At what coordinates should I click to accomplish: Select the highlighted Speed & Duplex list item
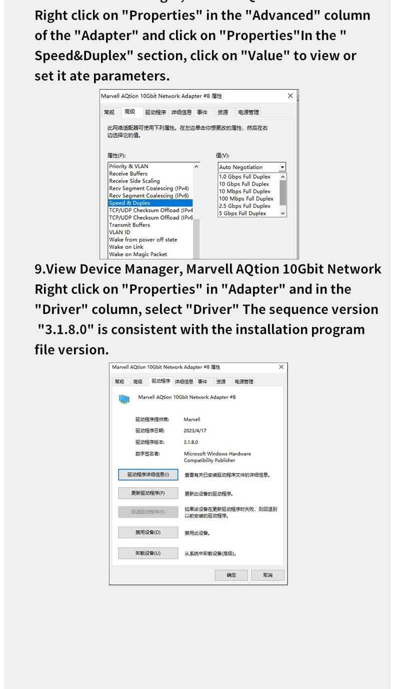click(150, 203)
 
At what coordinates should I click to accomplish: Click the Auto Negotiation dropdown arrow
click(282, 167)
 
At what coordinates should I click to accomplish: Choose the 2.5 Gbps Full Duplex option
click(244, 206)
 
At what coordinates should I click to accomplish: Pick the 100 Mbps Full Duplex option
click(246, 198)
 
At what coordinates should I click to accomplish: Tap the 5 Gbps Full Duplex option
click(242, 213)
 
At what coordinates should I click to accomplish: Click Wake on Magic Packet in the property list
click(138, 254)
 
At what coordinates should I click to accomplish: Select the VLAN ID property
click(119, 232)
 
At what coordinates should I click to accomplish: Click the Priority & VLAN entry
click(128, 166)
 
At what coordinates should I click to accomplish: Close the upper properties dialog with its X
click(290, 96)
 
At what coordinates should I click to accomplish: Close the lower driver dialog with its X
click(281, 367)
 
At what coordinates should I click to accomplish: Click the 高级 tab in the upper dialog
click(129, 111)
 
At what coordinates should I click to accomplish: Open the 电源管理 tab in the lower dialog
click(244, 382)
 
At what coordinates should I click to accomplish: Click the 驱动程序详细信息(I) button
click(148, 474)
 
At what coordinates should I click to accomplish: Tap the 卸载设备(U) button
click(148, 553)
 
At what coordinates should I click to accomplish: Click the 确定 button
click(231, 575)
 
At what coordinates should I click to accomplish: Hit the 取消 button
click(267, 575)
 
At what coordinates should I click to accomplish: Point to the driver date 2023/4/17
click(194, 430)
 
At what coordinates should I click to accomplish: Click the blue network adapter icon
click(124, 399)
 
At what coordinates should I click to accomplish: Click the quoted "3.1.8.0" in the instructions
click(65, 329)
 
